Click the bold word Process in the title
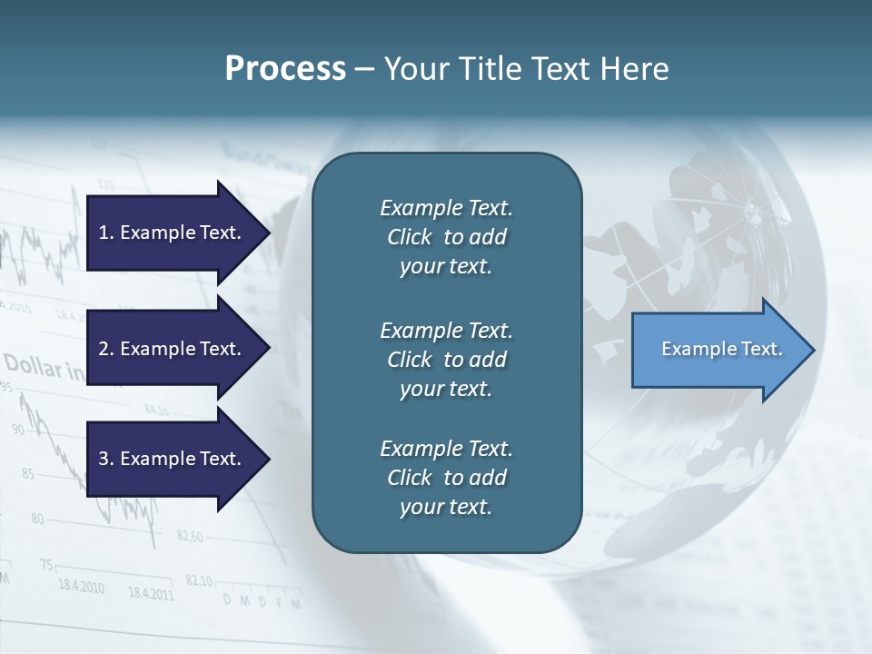[285, 69]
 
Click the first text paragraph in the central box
[446, 237]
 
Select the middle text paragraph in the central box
[446, 360]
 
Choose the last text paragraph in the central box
[446, 478]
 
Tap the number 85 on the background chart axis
[28, 473]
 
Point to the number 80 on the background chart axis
[37, 519]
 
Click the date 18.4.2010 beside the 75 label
[81, 584]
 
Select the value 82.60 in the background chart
[190, 536]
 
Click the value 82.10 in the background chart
[199, 580]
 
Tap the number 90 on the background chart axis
[19, 429]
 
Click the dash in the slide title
[364, 69]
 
